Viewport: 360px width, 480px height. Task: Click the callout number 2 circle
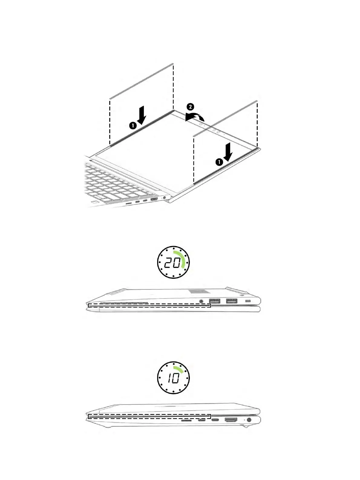pos(190,107)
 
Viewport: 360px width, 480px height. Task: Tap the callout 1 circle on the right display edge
pos(219,162)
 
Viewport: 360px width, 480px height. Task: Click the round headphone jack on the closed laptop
pos(202,301)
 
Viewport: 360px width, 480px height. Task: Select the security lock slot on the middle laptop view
pos(248,301)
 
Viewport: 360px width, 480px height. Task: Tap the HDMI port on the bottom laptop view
pos(231,420)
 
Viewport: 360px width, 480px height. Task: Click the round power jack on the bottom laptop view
pos(249,420)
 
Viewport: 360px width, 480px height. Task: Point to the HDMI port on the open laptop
pos(154,199)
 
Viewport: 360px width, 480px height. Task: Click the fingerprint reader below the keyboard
pos(95,202)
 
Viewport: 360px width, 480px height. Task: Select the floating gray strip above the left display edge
pos(141,81)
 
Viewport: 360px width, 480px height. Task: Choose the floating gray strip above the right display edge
pos(226,118)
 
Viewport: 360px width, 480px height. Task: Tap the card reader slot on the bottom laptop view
pos(186,421)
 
